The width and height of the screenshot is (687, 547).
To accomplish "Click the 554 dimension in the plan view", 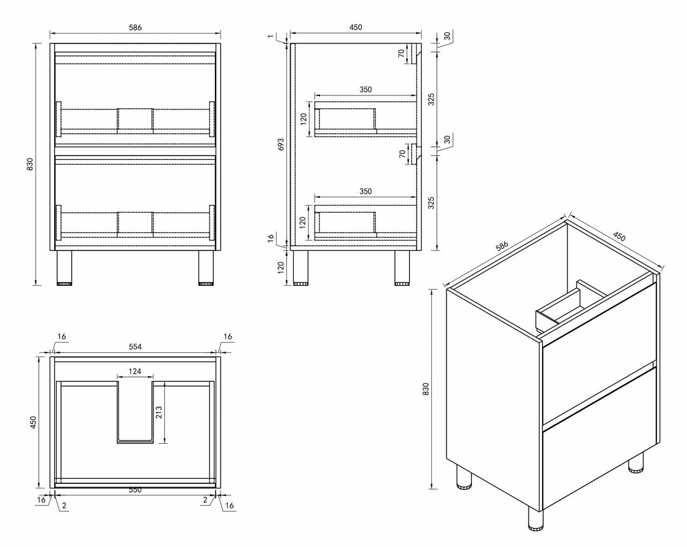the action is click(135, 346).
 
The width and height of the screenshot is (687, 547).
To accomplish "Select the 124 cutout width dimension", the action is click(135, 371).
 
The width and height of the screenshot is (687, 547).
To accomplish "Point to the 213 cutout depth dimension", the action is click(158, 413).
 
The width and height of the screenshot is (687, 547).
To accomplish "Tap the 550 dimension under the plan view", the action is click(135, 490).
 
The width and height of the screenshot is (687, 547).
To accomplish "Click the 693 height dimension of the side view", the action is click(281, 145).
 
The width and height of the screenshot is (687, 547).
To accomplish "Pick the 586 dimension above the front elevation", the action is click(135, 27).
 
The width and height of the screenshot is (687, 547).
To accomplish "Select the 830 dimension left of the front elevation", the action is click(30, 164).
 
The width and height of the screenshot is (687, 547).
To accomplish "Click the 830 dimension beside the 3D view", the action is click(426, 388).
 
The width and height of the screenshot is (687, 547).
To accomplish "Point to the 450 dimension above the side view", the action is click(356, 27).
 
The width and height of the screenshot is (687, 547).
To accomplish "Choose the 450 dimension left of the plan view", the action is click(33, 422).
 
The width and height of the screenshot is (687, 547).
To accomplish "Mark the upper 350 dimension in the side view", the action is click(365, 90).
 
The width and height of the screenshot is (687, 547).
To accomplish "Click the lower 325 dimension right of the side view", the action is click(431, 202).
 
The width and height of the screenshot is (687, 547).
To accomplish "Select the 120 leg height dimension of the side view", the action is click(281, 267).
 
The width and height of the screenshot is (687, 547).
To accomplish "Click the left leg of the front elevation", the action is click(64, 268).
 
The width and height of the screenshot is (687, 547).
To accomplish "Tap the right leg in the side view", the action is click(402, 268).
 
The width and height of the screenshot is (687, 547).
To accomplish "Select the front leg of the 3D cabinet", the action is click(536, 519).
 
